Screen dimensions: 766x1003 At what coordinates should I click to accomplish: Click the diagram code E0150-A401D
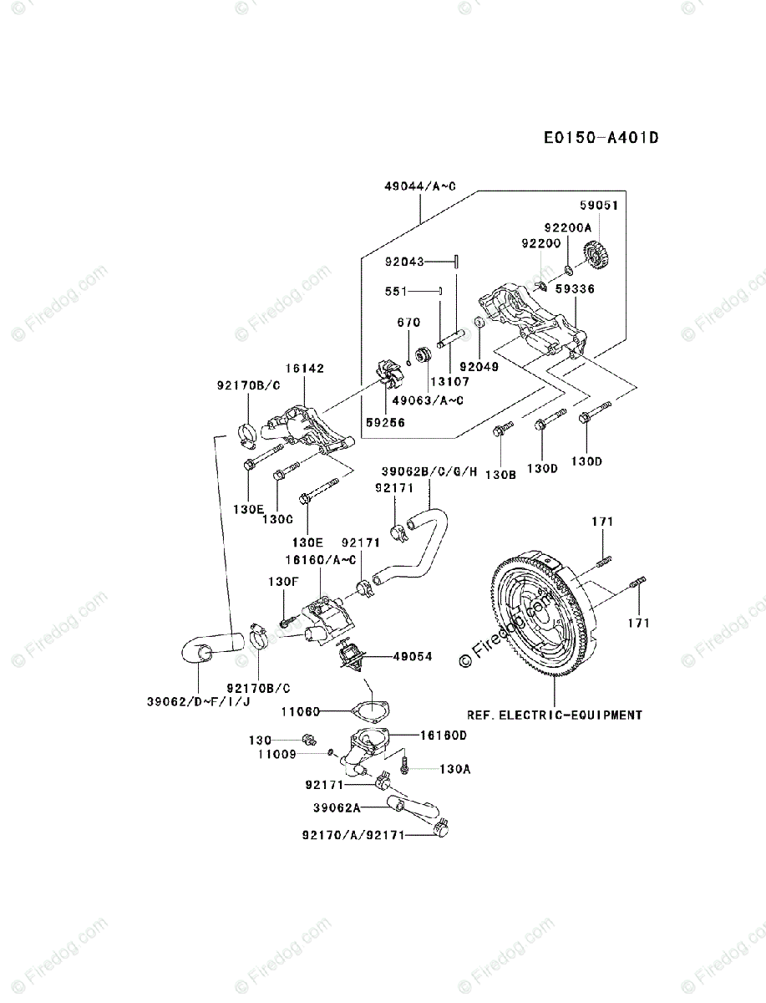(x=601, y=138)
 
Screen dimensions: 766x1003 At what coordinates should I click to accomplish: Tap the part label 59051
(x=599, y=206)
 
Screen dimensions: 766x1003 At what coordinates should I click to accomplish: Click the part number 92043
(x=404, y=262)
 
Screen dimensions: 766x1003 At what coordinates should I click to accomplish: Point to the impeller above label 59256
(x=387, y=374)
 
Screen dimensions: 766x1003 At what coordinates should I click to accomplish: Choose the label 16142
(x=305, y=369)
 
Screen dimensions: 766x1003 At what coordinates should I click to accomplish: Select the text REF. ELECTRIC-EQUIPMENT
(x=554, y=715)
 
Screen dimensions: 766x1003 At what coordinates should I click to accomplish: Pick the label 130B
(x=500, y=475)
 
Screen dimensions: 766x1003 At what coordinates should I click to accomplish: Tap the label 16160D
(x=444, y=736)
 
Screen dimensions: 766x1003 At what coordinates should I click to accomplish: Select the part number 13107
(x=449, y=380)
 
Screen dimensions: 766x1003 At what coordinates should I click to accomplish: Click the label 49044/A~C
(x=420, y=186)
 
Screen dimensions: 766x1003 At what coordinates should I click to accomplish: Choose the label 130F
(x=283, y=582)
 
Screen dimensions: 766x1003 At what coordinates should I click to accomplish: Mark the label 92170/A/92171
(x=353, y=835)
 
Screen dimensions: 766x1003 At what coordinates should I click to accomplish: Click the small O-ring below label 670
(x=408, y=364)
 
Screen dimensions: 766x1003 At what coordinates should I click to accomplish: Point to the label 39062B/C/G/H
(x=429, y=471)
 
